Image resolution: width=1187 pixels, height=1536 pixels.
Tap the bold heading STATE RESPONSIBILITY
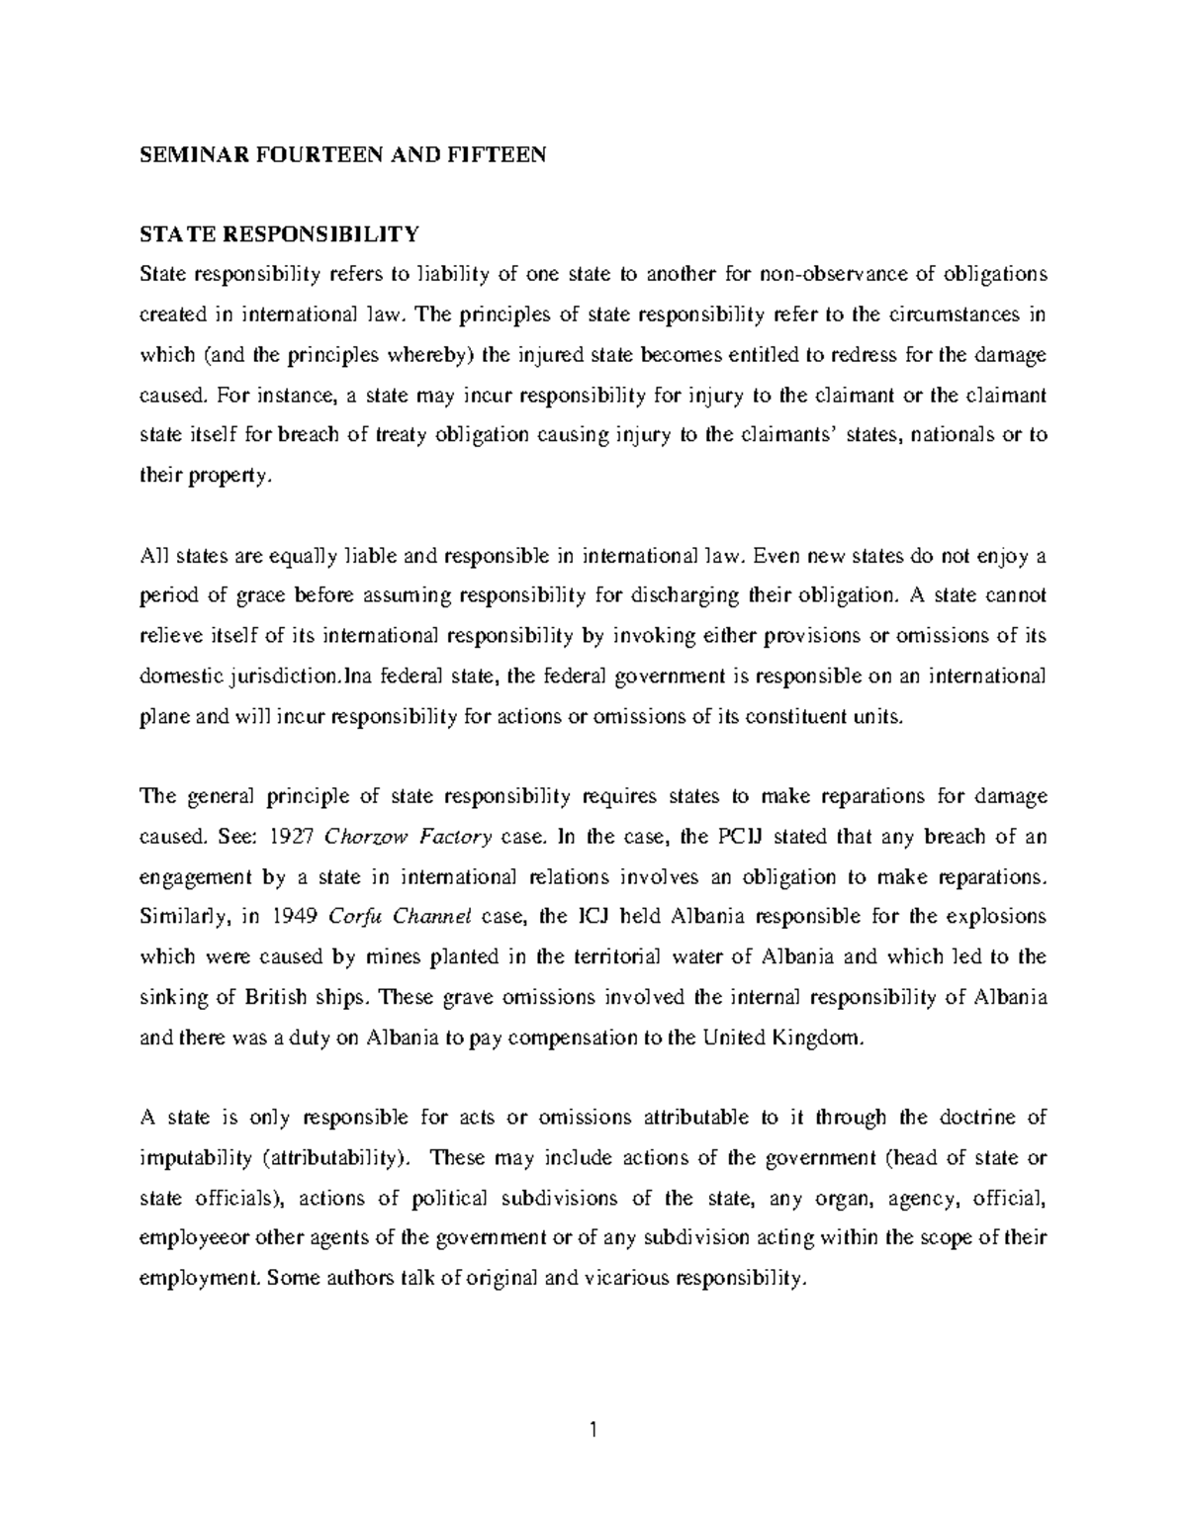(x=280, y=234)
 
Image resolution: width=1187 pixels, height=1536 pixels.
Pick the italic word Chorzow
(x=365, y=837)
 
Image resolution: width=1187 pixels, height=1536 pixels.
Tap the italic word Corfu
(x=348, y=917)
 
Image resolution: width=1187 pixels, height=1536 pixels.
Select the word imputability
(x=196, y=1158)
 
